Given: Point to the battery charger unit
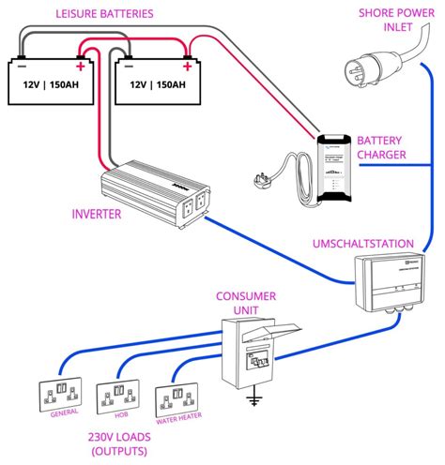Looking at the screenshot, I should pos(335,170).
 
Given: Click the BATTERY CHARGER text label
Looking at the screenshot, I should pos(394,147).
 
